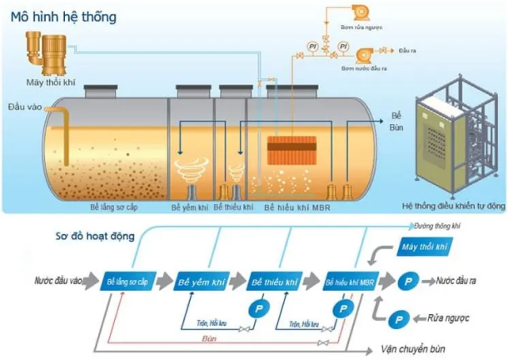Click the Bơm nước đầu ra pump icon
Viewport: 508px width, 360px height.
click(364, 54)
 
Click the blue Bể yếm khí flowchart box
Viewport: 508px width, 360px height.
click(201, 282)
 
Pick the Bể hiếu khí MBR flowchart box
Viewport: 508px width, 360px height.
click(347, 282)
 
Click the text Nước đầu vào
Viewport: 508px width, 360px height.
click(59, 282)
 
